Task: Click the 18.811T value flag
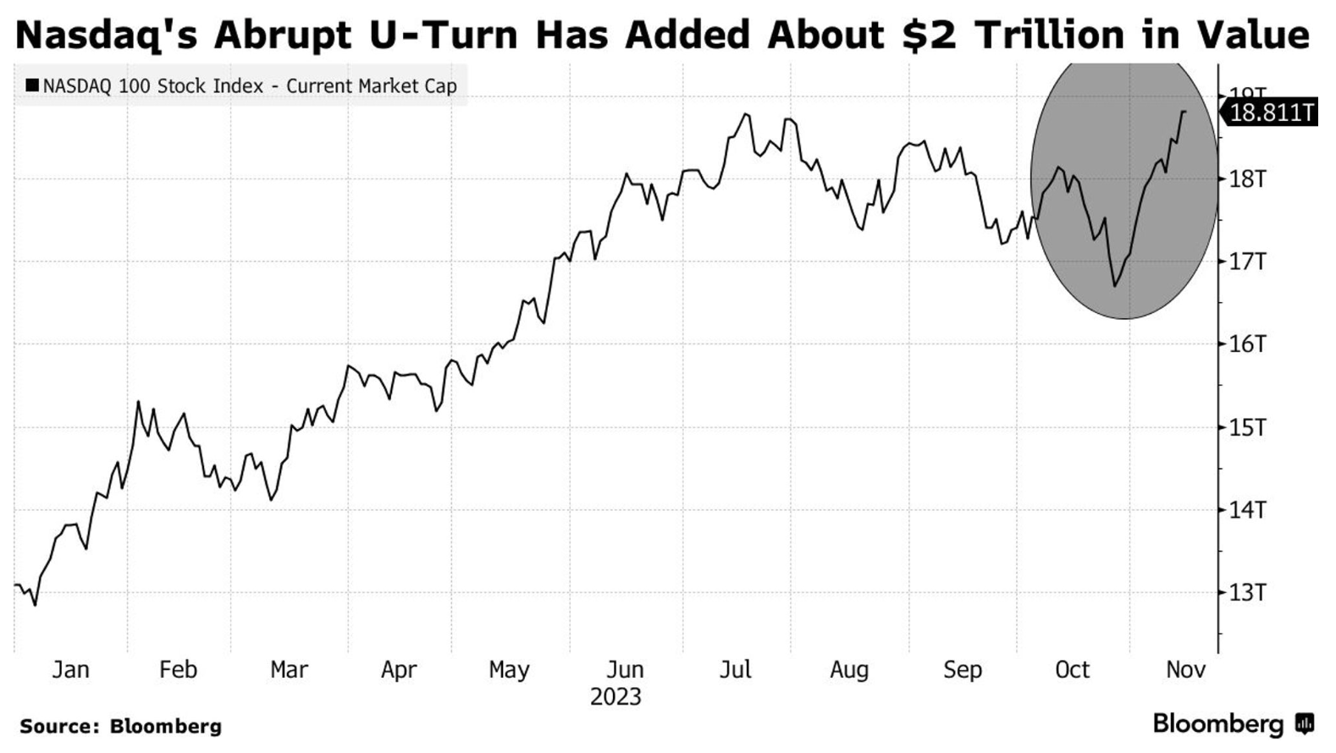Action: coord(1271,113)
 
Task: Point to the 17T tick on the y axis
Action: coord(1247,261)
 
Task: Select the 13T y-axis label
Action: coord(1247,592)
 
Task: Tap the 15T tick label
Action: coord(1247,427)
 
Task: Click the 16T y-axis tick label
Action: coord(1247,344)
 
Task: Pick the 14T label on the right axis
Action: coord(1247,509)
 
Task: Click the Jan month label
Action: coord(70,670)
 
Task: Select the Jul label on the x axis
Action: coord(735,670)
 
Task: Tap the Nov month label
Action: coord(1185,670)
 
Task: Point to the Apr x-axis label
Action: coord(399,670)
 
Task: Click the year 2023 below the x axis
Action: coord(616,698)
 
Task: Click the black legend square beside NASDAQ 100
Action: coord(32,85)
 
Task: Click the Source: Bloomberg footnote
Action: coord(120,726)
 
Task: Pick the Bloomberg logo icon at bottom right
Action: coord(1305,724)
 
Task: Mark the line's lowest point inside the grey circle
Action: coord(1114,286)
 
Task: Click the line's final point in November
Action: coord(1184,112)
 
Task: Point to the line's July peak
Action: coord(746,114)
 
